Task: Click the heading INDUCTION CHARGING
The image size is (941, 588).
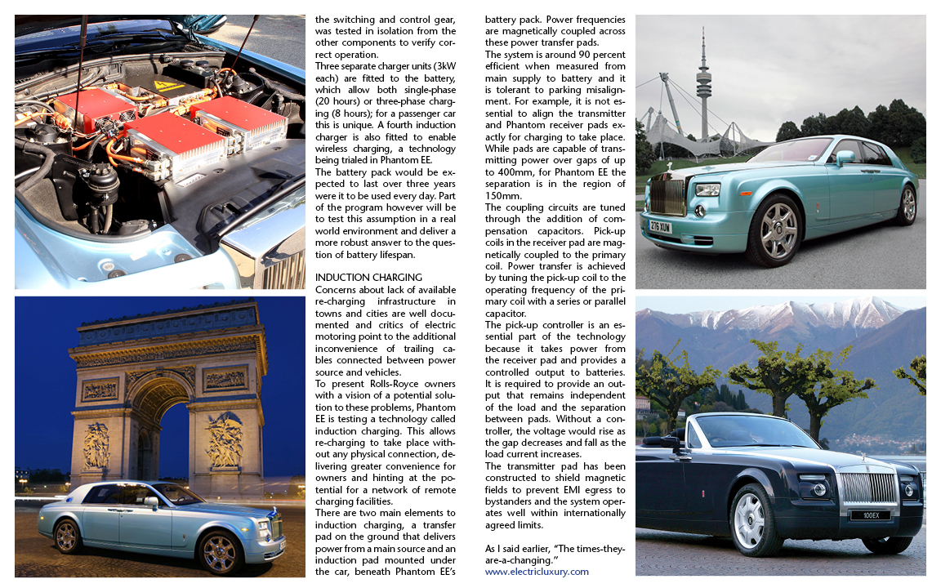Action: tap(368, 278)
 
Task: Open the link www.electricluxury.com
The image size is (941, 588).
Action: tap(537, 572)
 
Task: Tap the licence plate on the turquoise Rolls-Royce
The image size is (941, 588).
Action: tap(661, 227)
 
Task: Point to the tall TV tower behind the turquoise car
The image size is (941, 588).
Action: tap(704, 82)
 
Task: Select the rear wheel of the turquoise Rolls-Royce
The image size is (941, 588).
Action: tap(904, 204)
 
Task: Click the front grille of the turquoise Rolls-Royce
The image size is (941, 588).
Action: tap(667, 193)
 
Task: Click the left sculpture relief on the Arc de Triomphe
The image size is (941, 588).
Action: tap(97, 445)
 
